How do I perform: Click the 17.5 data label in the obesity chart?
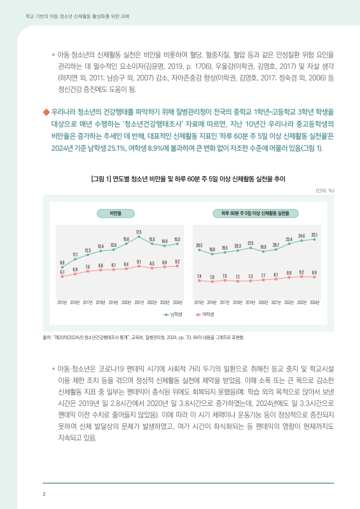pos(139,232)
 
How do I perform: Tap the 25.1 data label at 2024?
pos(315,235)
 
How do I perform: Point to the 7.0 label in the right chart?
pos(212,277)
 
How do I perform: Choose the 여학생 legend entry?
pos(204,314)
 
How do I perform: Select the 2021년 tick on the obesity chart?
pos(139,302)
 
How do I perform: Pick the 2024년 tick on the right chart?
pos(314,302)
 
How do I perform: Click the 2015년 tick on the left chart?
pos(62,302)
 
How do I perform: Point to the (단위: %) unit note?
pos(325,190)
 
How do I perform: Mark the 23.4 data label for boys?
pos(289,238)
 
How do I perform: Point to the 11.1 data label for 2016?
pos(75,254)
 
